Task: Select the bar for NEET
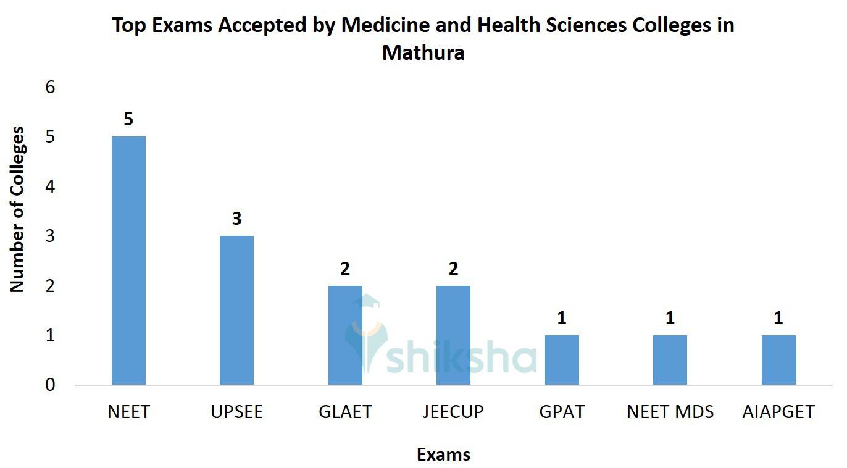[x=128, y=261]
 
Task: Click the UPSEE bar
[x=236, y=310]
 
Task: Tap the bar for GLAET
[x=345, y=335]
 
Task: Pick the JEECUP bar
[x=453, y=335]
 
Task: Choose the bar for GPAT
[x=562, y=360]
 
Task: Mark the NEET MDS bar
[x=670, y=360]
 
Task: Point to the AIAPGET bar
[x=778, y=360]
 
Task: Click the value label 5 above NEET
[x=128, y=119]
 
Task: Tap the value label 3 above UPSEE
[x=236, y=219]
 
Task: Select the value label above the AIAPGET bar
[x=778, y=318]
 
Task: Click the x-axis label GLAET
[x=345, y=412]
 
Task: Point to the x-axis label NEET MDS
[x=670, y=412]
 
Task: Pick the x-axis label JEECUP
[x=453, y=412]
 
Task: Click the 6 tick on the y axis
[x=50, y=87]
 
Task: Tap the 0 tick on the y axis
[x=50, y=385]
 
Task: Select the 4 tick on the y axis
[x=50, y=186]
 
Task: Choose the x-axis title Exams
[x=443, y=455]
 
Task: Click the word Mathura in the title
[x=423, y=53]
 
